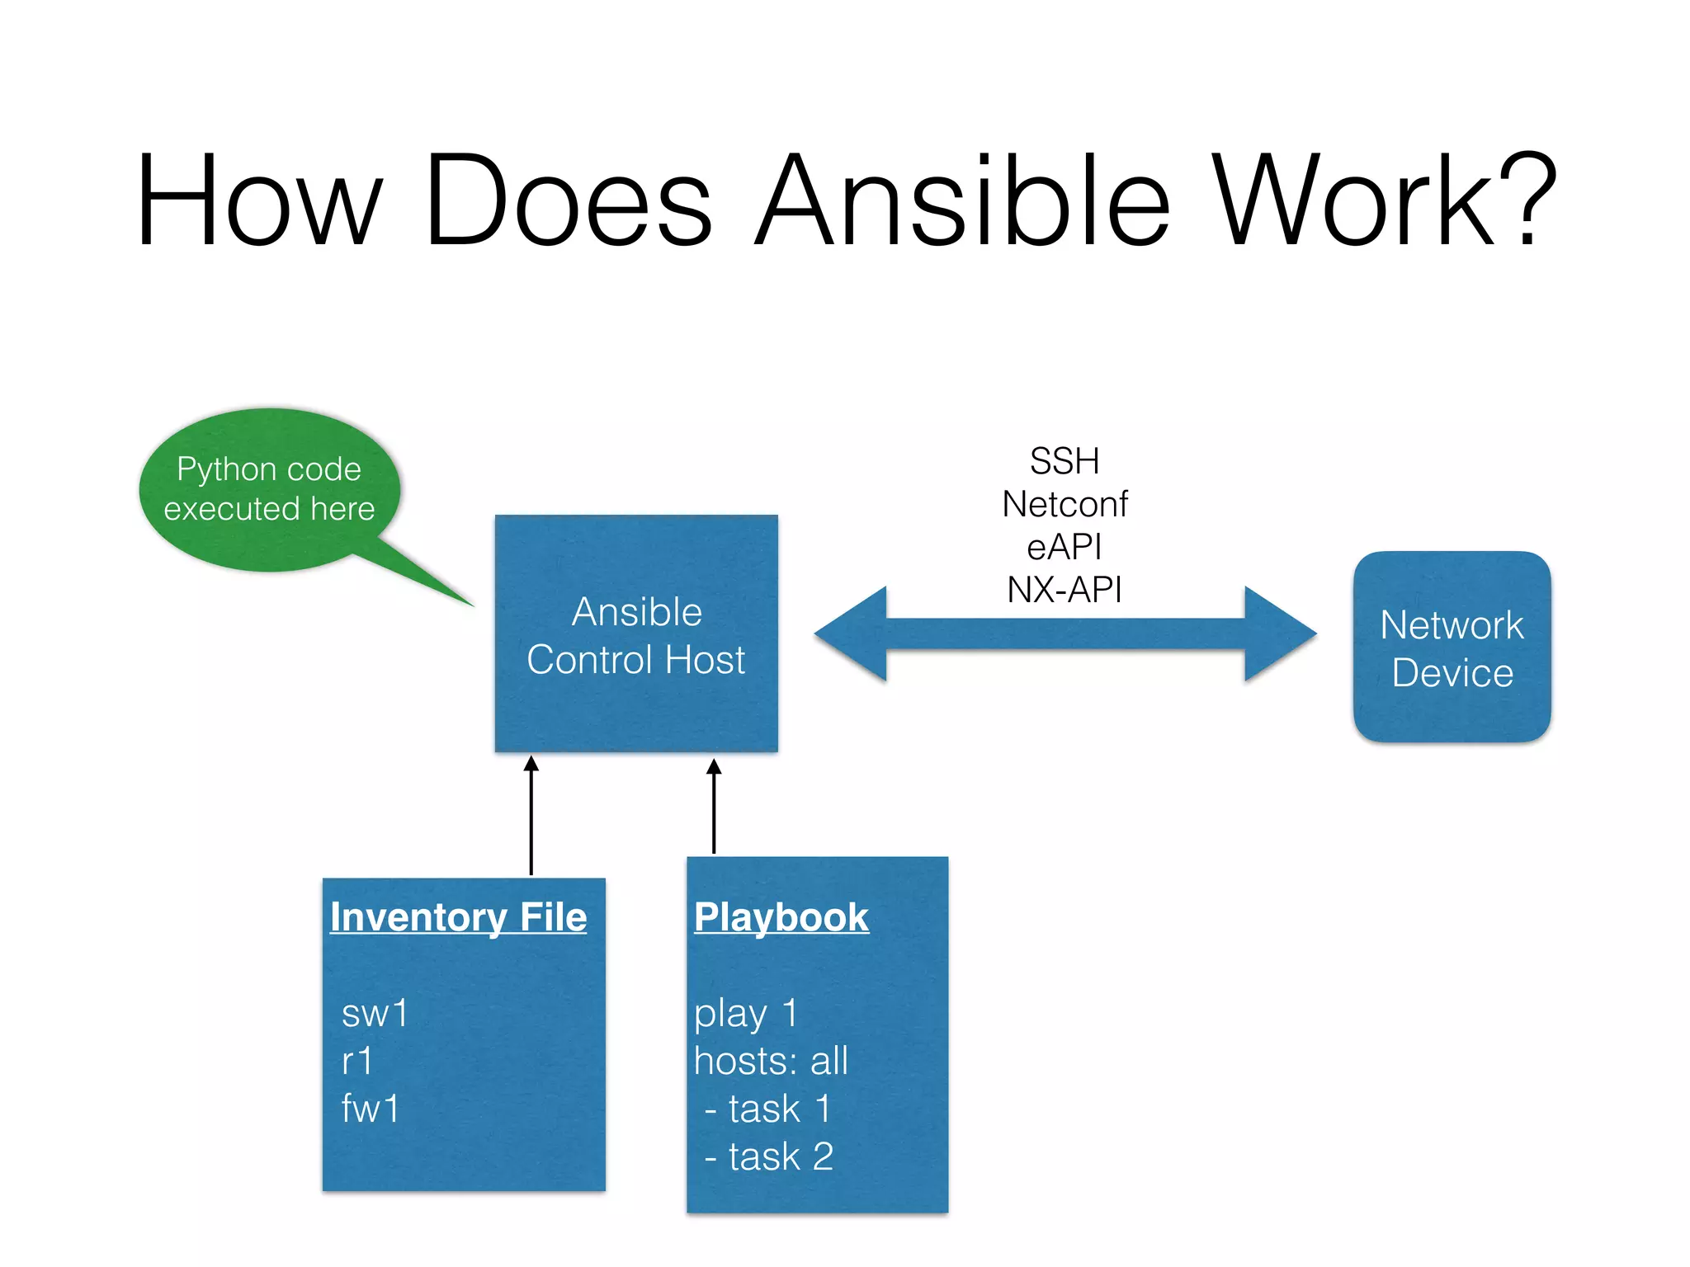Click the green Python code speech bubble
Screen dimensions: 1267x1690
point(269,490)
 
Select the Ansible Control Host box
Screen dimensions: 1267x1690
point(636,633)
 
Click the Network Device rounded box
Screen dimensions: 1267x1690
point(1452,648)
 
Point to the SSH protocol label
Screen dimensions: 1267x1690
point(1065,461)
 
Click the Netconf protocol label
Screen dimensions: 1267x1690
point(1065,504)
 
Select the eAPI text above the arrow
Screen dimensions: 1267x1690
point(1065,547)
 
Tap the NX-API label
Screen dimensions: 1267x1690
point(1065,590)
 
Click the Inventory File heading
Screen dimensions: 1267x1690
point(458,917)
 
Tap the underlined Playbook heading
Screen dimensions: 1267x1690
point(781,917)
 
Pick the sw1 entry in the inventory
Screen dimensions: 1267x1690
point(375,1013)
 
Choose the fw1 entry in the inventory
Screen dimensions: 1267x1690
point(371,1108)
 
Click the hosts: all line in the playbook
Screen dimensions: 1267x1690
point(771,1061)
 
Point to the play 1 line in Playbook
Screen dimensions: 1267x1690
point(746,1013)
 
